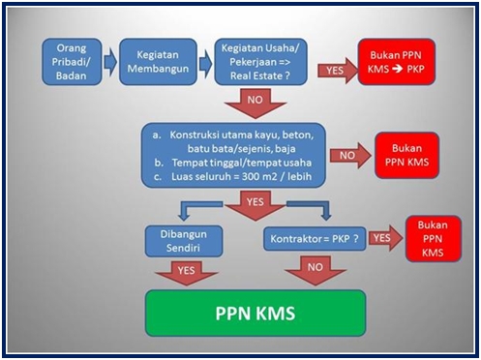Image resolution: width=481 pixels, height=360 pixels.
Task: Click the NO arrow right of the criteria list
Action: (349, 154)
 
